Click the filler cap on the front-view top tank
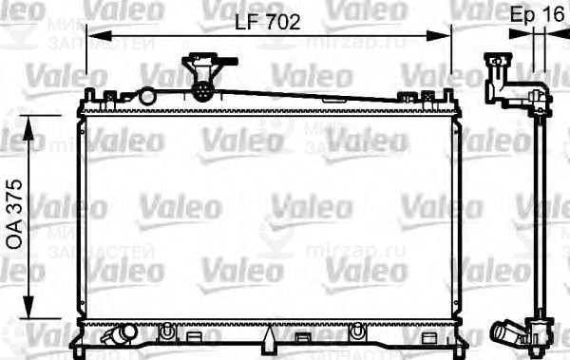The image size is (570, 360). coord(202,75)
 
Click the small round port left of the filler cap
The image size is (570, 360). coord(146,94)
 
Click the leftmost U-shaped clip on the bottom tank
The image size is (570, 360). coord(167,332)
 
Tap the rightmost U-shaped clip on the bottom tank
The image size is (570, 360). coord(358,332)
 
